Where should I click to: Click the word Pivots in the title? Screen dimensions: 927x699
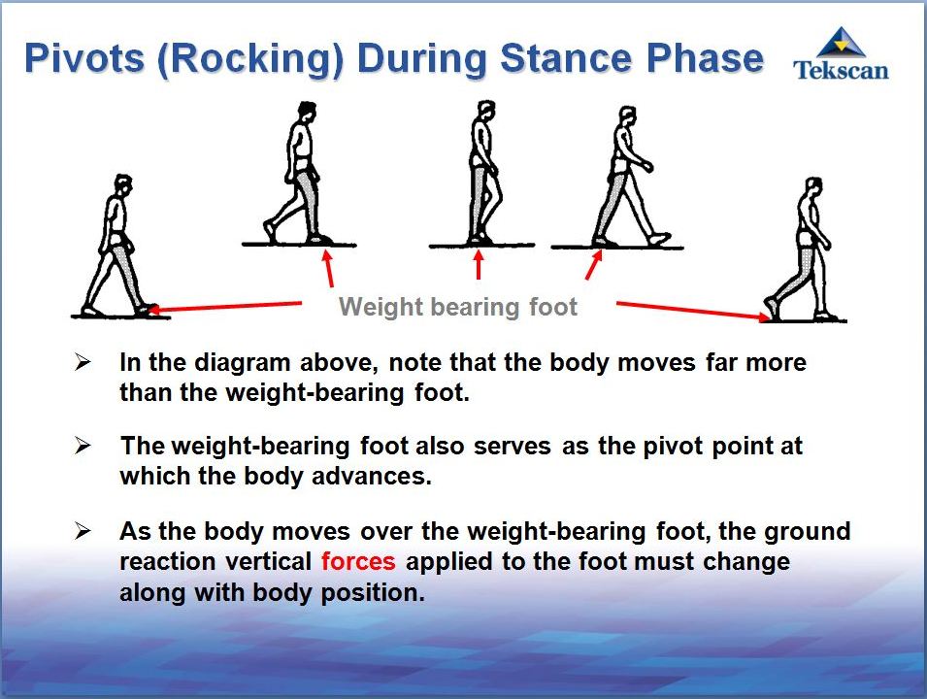[84, 58]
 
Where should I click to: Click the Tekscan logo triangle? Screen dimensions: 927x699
[841, 42]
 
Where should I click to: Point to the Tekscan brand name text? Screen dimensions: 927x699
[841, 70]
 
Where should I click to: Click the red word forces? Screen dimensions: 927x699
[358, 561]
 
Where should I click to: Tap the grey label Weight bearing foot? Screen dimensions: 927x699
[457, 307]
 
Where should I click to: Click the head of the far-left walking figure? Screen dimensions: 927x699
[122, 185]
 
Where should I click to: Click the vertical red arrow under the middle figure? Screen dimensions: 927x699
[479, 264]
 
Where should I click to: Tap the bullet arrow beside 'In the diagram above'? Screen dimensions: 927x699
[83, 361]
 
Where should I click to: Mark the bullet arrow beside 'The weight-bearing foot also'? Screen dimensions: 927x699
[83, 446]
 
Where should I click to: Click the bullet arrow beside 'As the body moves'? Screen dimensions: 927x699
[83, 530]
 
